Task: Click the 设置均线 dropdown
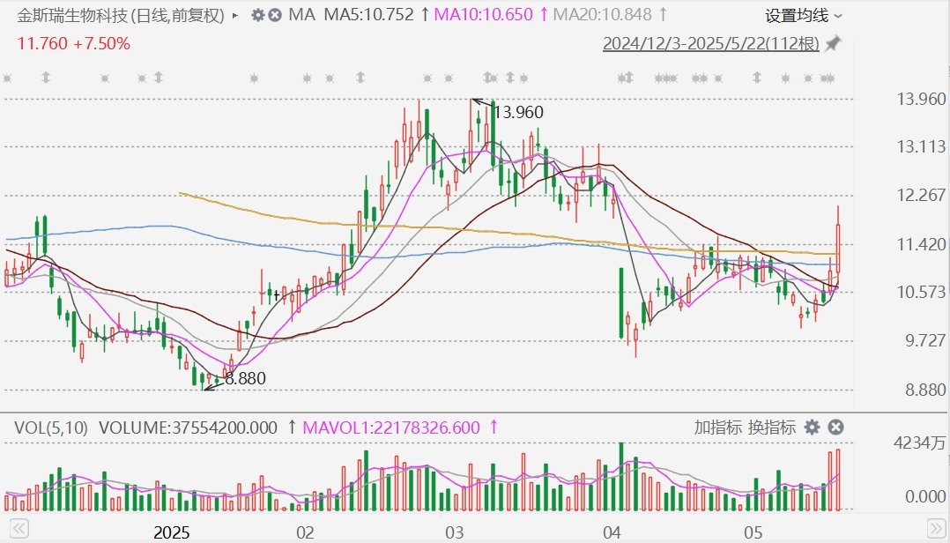[803, 15]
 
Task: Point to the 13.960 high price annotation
[518, 112]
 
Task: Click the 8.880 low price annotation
[244, 378]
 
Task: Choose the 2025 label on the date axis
[173, 532]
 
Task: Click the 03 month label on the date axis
[455, 532]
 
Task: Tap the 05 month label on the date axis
[753, 532]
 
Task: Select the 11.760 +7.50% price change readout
[74, 44]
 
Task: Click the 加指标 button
[717, 428]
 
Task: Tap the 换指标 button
[772, 428]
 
